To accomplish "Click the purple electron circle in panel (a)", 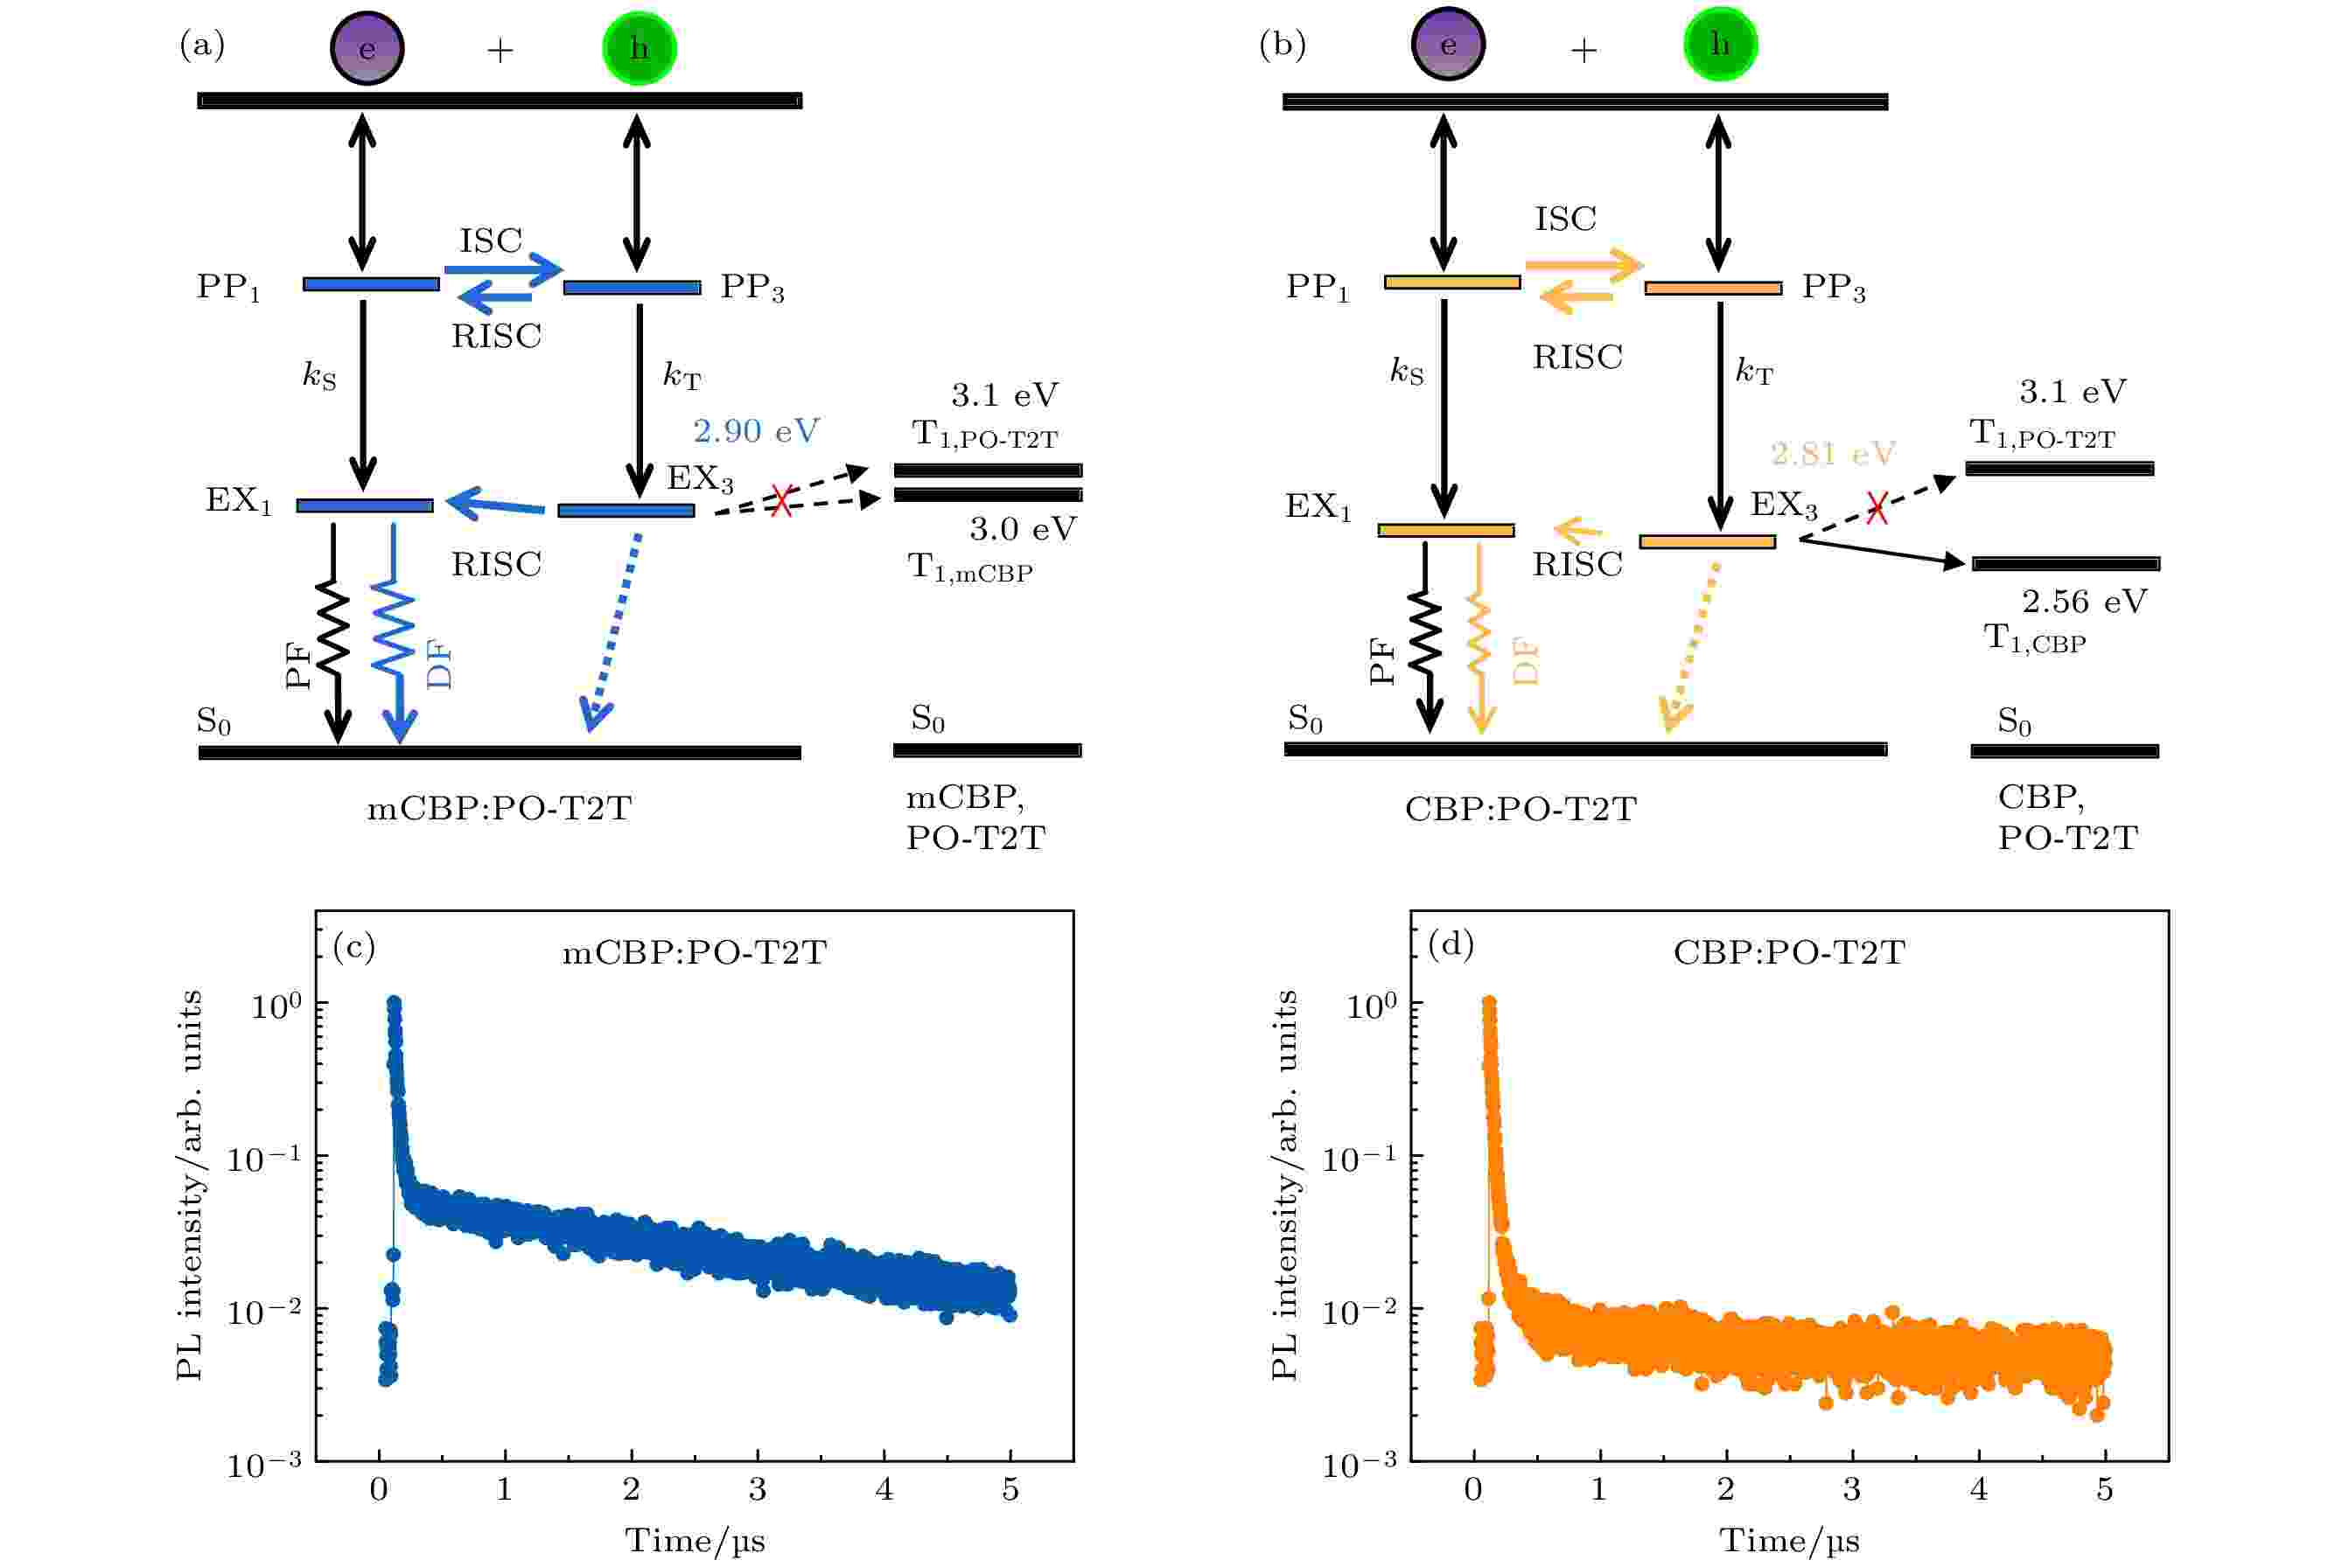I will (367, 48).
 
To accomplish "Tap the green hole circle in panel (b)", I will (1719, 45).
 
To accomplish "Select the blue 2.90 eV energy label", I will (756, 431).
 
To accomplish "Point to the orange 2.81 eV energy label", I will (1832, 454).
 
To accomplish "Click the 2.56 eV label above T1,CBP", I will (2084, 602).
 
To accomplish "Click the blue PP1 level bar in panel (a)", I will (371, 285).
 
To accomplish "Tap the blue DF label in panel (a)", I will (440, 665).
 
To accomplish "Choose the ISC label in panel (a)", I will (491, 240).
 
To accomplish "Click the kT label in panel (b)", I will (1754, 372).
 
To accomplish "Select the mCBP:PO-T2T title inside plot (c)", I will (694, 953).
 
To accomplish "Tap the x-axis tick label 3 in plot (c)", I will (758, 1490).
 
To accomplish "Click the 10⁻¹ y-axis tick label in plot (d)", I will (1360, 1160).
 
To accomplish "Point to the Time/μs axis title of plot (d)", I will (1789, 1541).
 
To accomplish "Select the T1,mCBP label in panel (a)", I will (969, 568).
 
